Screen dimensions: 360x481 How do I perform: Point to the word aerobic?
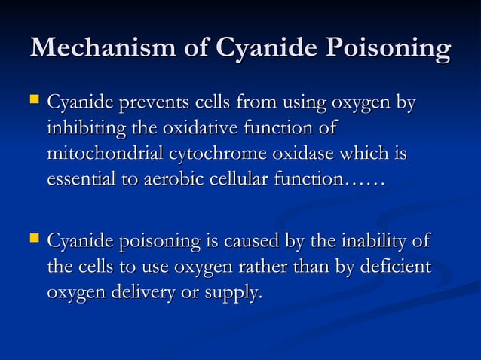tap(162, 180)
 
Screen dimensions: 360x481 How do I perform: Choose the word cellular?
tap(234, 180)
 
